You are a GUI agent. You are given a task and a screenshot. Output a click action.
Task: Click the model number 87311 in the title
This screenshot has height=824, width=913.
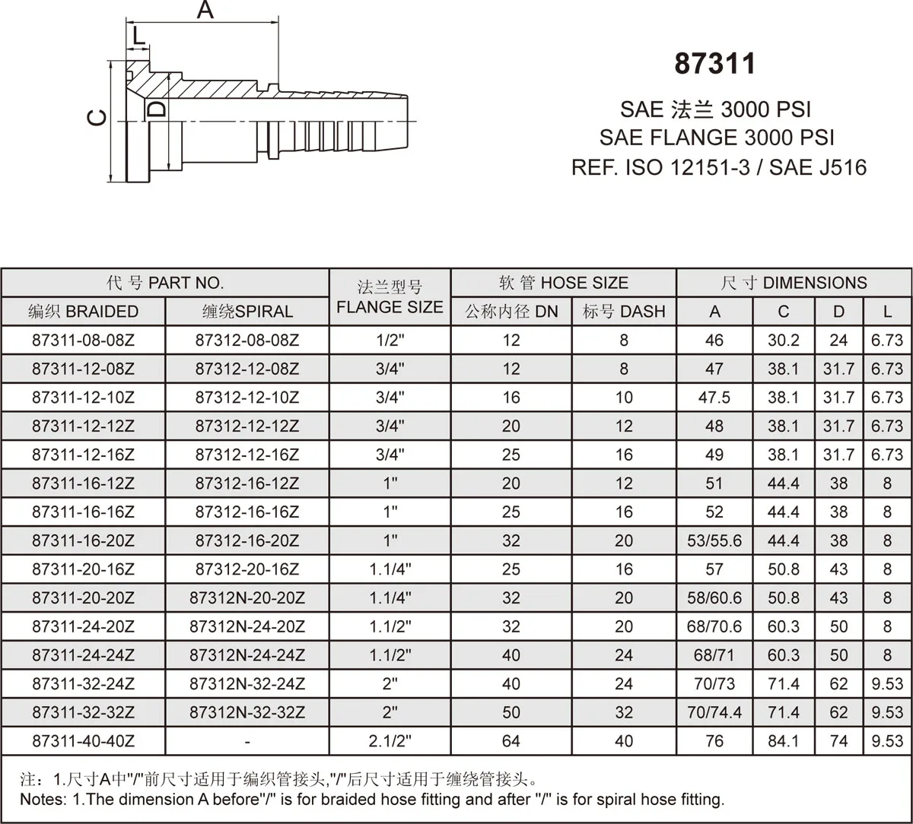coord(715,64)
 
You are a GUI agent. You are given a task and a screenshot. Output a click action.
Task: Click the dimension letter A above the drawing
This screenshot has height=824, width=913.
coord(205,11)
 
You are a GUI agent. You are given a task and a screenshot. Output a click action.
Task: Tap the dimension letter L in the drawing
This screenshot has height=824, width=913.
coord(137,35)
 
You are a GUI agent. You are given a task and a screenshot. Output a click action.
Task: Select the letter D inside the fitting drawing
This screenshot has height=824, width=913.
coord(157,108)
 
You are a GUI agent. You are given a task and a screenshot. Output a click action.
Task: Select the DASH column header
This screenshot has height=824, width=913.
coord(624,312)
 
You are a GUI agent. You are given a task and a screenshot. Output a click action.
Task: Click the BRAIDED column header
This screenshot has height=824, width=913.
coord(83,312)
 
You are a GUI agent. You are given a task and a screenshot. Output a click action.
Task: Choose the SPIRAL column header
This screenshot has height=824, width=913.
coord(247,312)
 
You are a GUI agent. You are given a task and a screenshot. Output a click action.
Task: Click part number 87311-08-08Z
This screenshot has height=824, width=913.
coord(83,341)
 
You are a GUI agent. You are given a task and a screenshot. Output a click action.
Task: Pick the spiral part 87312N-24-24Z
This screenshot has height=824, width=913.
coord(247,655)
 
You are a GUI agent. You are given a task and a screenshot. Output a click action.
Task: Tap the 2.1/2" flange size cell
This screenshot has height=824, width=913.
coord(390,741)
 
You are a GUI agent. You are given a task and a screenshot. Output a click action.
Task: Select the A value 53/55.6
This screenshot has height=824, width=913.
coord(714,541)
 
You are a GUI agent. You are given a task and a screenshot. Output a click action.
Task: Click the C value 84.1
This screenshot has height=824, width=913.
coord(784,741)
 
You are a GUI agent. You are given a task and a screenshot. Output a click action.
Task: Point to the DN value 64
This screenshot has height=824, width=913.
coord(511,741)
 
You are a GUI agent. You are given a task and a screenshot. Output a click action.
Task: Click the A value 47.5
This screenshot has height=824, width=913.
coord(714,398)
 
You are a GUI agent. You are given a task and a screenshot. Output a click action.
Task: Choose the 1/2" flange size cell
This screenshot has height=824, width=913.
coord(390,341)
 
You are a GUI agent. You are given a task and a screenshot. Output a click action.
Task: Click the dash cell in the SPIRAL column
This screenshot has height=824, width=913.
coord(247,741)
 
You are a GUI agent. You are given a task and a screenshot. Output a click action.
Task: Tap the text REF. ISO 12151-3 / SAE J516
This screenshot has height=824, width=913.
coord(719,166)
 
